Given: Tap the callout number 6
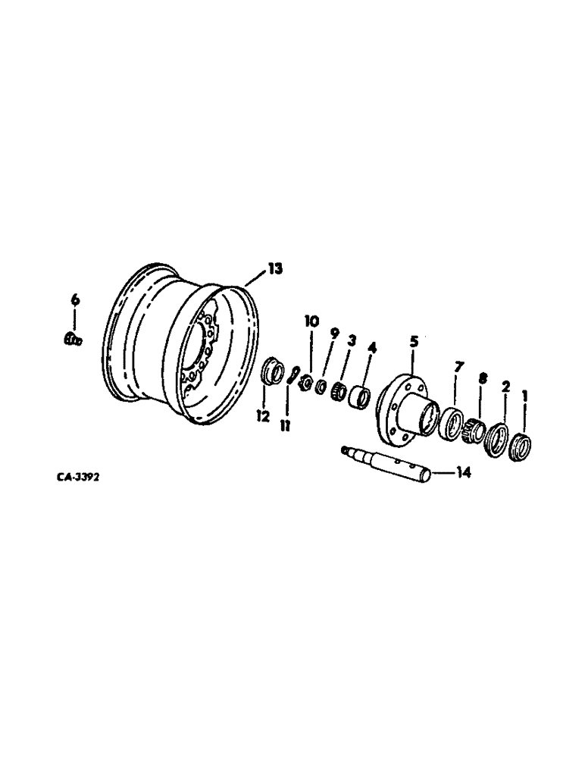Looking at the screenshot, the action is point(74,301).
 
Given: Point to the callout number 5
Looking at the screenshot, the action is point(414,341).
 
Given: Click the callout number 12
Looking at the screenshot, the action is point(262,418).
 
